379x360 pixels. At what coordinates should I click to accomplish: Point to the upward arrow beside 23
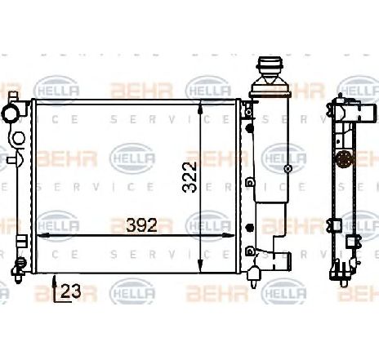[x=54, y=285]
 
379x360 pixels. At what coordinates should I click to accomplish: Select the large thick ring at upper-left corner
[x=12, y=112]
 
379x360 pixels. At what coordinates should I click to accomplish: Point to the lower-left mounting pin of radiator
[x=18, y=264]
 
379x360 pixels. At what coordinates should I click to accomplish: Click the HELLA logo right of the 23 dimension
[x=127, y=290]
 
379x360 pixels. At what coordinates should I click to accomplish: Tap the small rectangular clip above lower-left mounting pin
[x=23, y=242]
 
